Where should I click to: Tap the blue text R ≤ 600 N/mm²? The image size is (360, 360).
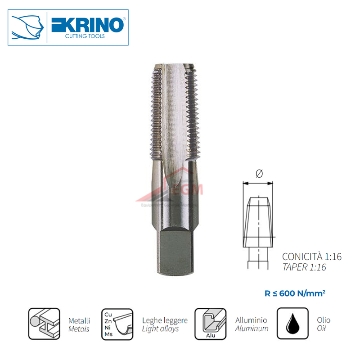tap(295, 293)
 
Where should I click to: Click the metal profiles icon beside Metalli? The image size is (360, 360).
tap(44, 324)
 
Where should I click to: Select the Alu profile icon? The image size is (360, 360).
tap(210, 324)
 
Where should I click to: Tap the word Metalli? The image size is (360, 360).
tap(79, 320)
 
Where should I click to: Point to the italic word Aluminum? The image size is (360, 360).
tap(252, 328)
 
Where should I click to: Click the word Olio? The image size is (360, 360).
tap(323, 320)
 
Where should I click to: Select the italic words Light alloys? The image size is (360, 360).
tap(160, 328)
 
